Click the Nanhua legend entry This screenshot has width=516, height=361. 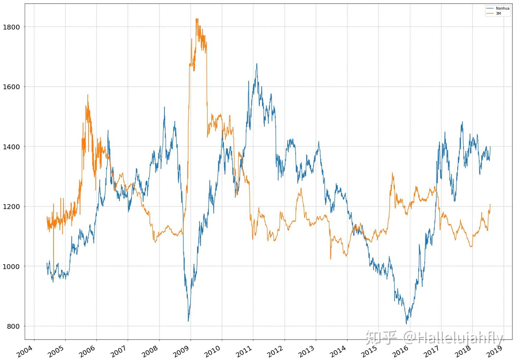(x=502, y=8)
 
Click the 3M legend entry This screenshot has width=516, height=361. (x=498, y=14)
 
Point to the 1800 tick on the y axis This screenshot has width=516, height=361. (x=11, y=27)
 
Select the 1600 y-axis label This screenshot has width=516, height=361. (x=11, y=87)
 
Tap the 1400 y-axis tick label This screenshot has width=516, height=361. (x=11, y=146)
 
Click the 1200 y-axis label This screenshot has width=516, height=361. (x=11, y=207)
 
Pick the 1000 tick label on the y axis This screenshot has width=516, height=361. (x=11, y=266)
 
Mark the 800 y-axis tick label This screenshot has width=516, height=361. (x=13, y=326)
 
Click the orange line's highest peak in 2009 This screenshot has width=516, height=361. (x=197, y=19)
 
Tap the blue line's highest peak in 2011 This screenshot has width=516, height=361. (x=257, y=64)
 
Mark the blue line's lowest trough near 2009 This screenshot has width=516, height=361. (x=188, y=321)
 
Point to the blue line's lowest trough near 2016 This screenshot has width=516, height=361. (x=406, y=324)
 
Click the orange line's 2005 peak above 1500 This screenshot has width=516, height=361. (x=87, y=95)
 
